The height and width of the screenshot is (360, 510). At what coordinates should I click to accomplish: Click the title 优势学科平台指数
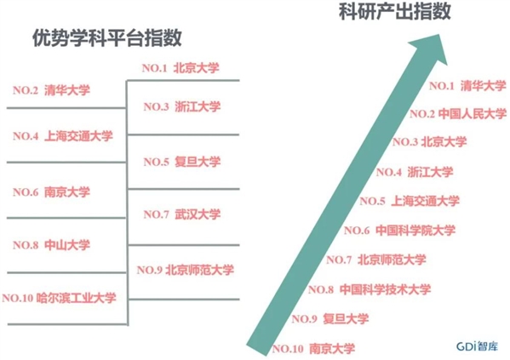107,38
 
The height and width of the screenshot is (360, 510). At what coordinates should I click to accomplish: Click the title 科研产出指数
395,11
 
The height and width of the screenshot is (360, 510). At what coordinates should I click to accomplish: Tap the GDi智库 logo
477,346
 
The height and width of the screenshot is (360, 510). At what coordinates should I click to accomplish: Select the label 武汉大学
198,214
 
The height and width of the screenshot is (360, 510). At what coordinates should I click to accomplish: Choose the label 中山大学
67,245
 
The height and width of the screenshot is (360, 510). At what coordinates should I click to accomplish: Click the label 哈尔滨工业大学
76,298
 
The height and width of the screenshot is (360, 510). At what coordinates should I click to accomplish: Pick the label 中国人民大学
473,114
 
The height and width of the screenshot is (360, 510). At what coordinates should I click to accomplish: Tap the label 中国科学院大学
415,231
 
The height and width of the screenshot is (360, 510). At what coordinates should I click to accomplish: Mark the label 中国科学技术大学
385,289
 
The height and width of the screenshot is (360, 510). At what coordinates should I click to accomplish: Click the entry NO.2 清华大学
51,90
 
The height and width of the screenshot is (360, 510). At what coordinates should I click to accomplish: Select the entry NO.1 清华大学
467,86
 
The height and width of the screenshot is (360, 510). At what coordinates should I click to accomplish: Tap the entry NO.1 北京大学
181,68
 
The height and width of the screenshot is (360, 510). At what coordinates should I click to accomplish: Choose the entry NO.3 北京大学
429,142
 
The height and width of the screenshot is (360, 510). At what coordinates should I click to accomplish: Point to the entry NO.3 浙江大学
182,106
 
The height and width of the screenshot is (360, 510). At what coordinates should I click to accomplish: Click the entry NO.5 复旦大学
182,162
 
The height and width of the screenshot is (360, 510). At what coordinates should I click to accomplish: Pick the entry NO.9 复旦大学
330,318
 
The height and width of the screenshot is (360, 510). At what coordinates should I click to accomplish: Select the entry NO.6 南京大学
51,191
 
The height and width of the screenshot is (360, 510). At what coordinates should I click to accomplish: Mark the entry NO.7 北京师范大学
376,260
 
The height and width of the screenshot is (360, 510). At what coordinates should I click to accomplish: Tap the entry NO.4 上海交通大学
63,135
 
